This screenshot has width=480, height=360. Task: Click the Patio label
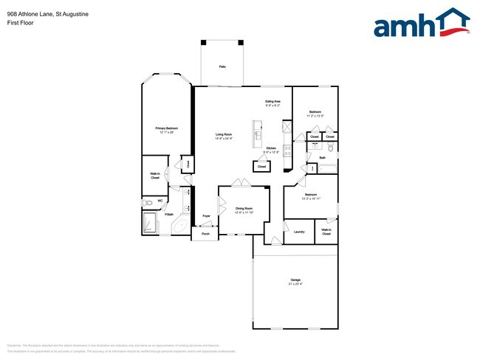[x=222, y=67]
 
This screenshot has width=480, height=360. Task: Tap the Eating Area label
[x=272, y=102]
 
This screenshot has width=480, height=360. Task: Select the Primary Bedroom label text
[x=165, y=128]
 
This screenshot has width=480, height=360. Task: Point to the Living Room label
[x=224, y=134]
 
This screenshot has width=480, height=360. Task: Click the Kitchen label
[x=271, y=148]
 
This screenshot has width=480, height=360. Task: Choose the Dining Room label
[x=244, y=209]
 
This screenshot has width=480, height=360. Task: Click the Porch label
[x=205, y=234]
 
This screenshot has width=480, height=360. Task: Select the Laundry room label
[x=298, y=232]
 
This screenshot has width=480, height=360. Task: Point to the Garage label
[x=295, y=280]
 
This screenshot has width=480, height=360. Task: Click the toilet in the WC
[x=148, y=201]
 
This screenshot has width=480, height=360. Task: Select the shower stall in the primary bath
[x=150, y=222]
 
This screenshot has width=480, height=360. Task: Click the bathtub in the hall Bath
[x=326, y=169]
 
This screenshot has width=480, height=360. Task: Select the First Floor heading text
[x=20, y=23]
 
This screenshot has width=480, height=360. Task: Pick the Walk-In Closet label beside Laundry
[x=326, y=232]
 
